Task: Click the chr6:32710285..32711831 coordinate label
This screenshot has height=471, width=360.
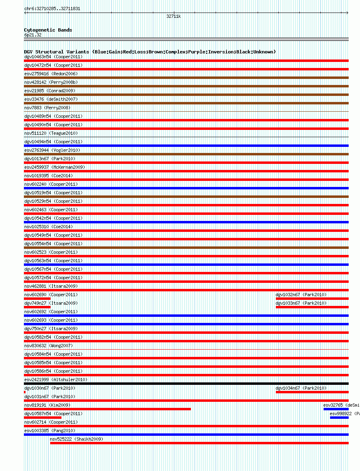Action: (52, 8)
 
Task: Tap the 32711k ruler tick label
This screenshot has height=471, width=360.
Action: (174, 17)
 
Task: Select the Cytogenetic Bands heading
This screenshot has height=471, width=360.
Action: (48, 30)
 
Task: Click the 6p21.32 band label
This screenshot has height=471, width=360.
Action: (33, 35)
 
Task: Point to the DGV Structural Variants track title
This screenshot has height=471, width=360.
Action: (150, 52)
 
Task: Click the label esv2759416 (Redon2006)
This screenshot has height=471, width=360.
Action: (51, 74)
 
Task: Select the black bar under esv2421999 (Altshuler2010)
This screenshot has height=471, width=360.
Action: (186, 384)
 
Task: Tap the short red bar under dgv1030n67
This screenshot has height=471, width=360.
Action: (25, 392)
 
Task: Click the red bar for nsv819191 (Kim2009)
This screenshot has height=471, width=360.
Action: (107, 409)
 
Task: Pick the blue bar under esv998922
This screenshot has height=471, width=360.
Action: (339, 418)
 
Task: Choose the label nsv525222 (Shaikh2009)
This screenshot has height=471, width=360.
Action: (76, 439)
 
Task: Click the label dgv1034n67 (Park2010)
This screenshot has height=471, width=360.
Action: (301, 388)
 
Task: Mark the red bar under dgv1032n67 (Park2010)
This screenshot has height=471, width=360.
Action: (312, 299)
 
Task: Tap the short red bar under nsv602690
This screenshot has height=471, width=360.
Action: (37, 299)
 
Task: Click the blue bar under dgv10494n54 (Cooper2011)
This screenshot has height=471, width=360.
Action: (186, 146)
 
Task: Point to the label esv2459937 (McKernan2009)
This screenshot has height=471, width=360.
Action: (55, 167)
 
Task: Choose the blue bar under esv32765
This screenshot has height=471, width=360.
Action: (336, 409)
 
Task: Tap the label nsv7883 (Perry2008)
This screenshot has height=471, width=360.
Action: (47, 108)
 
